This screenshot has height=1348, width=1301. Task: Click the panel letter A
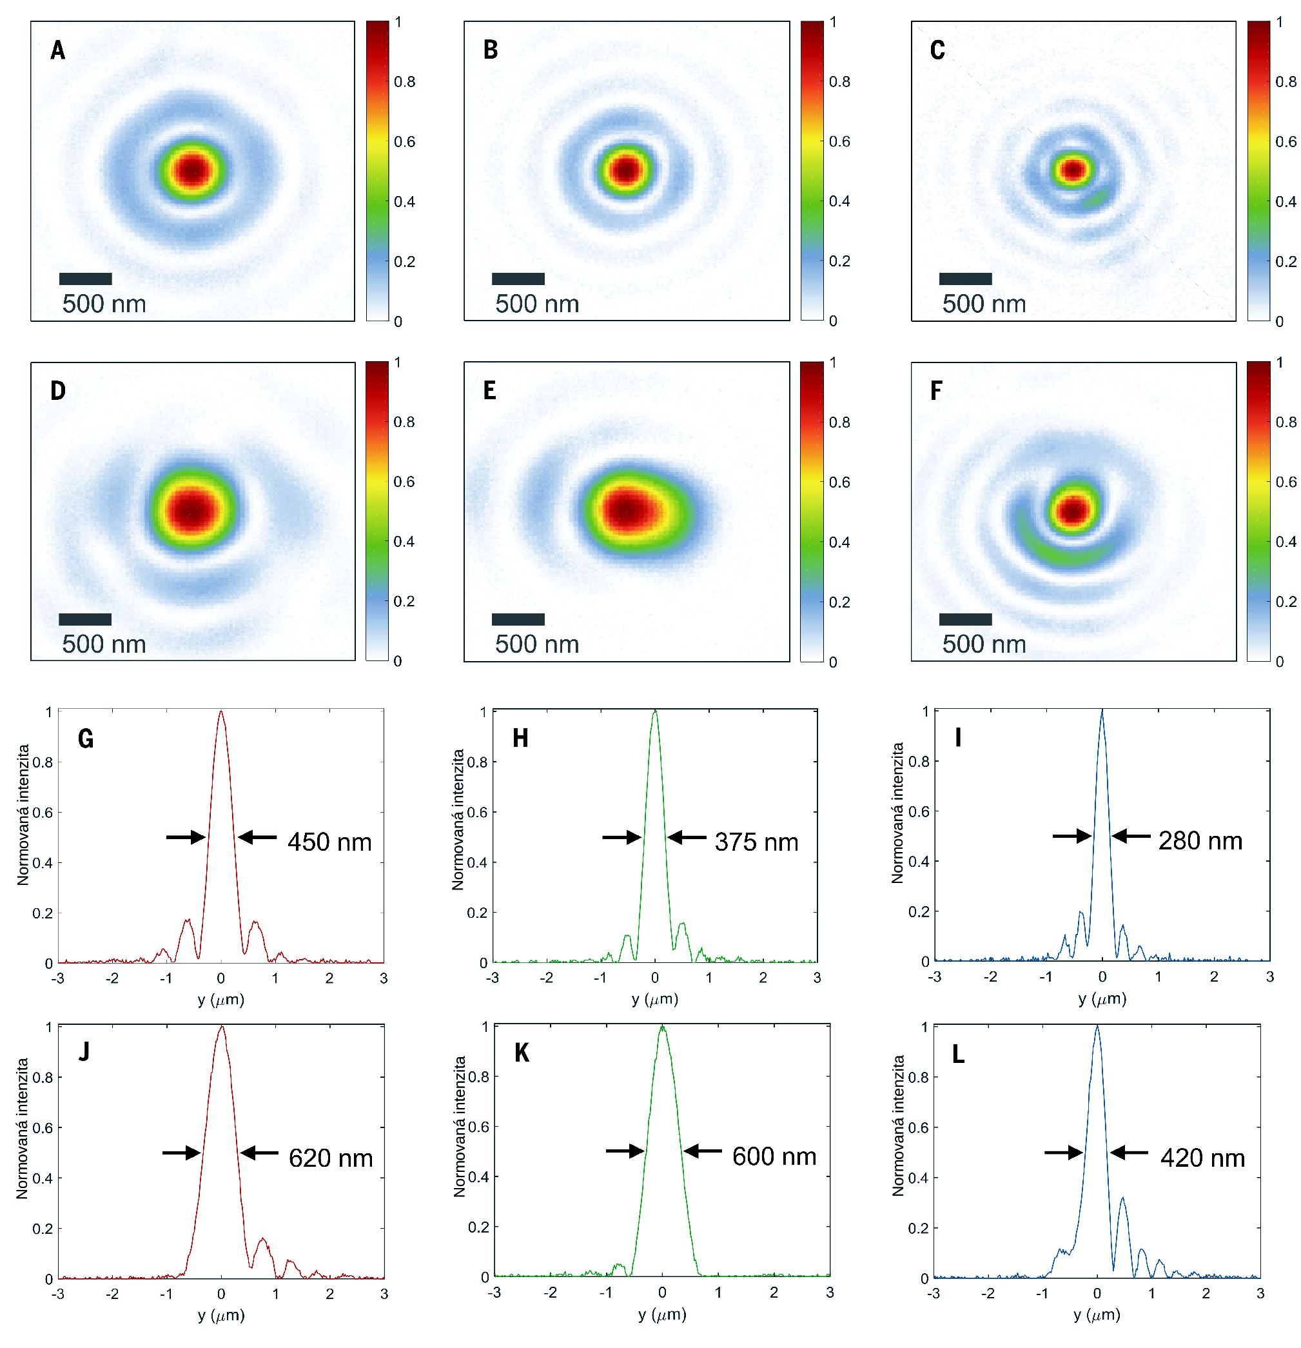click(58, 50)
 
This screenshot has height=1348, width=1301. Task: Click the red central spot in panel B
click(625, 169)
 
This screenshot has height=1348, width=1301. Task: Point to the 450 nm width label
click(329, 842)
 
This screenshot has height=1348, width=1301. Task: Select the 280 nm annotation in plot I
click(1200, 840)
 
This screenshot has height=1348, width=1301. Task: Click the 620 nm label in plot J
click(331, 1158)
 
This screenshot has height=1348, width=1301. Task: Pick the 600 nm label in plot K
click(774, 1157)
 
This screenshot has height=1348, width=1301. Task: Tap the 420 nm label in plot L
click(1202, 1158)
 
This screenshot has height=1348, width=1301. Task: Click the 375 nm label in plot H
click(756, 842)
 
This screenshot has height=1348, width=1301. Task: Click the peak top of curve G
click(220, 713)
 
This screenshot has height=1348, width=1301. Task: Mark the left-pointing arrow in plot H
click(686, 837)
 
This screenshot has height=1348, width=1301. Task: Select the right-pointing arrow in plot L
click(1063, 1152)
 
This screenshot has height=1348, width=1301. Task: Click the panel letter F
click(936, 391)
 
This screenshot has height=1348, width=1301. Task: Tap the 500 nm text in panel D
click(104, 644)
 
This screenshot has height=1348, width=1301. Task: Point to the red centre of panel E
click(626, 510)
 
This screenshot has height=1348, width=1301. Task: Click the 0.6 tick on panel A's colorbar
click(404, 142)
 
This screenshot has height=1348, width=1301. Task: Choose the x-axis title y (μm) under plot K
click(661, 1314)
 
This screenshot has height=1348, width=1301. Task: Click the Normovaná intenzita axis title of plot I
click(897, 813)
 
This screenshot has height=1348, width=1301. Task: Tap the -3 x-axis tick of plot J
click(58, 1294)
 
